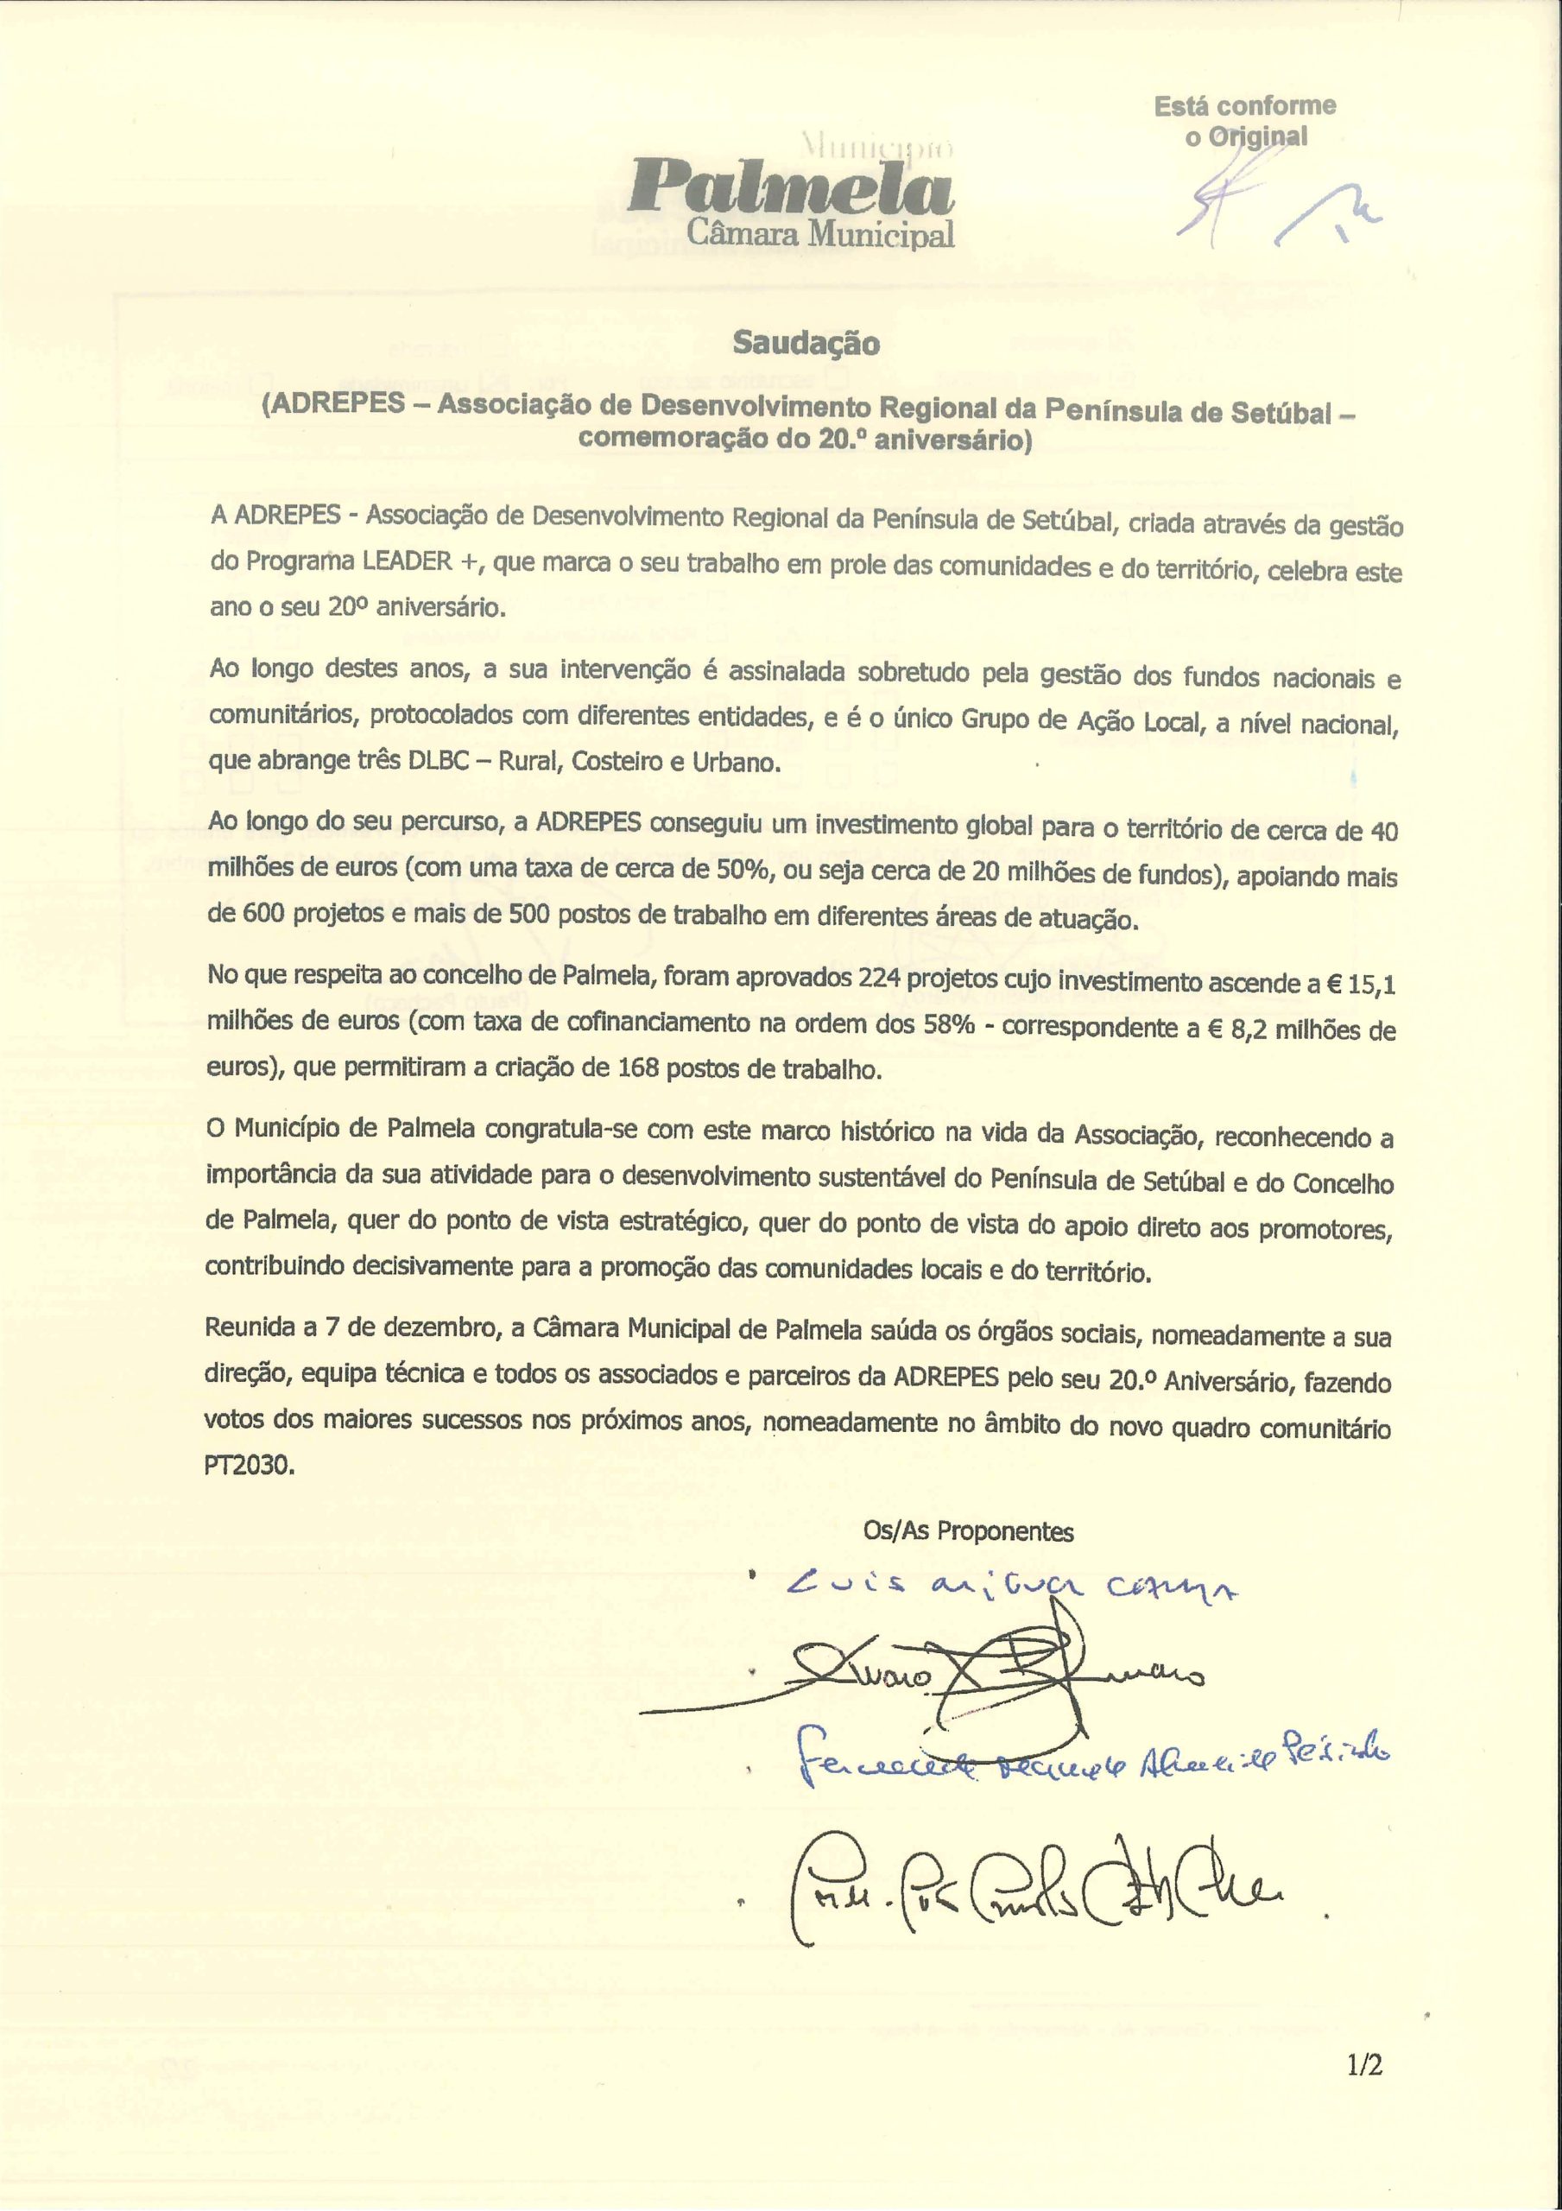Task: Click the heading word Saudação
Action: (806, 344)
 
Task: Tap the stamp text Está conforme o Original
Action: (1244, 121)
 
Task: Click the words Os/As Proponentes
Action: (968, 1531)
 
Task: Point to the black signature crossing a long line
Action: (963, 1681)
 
